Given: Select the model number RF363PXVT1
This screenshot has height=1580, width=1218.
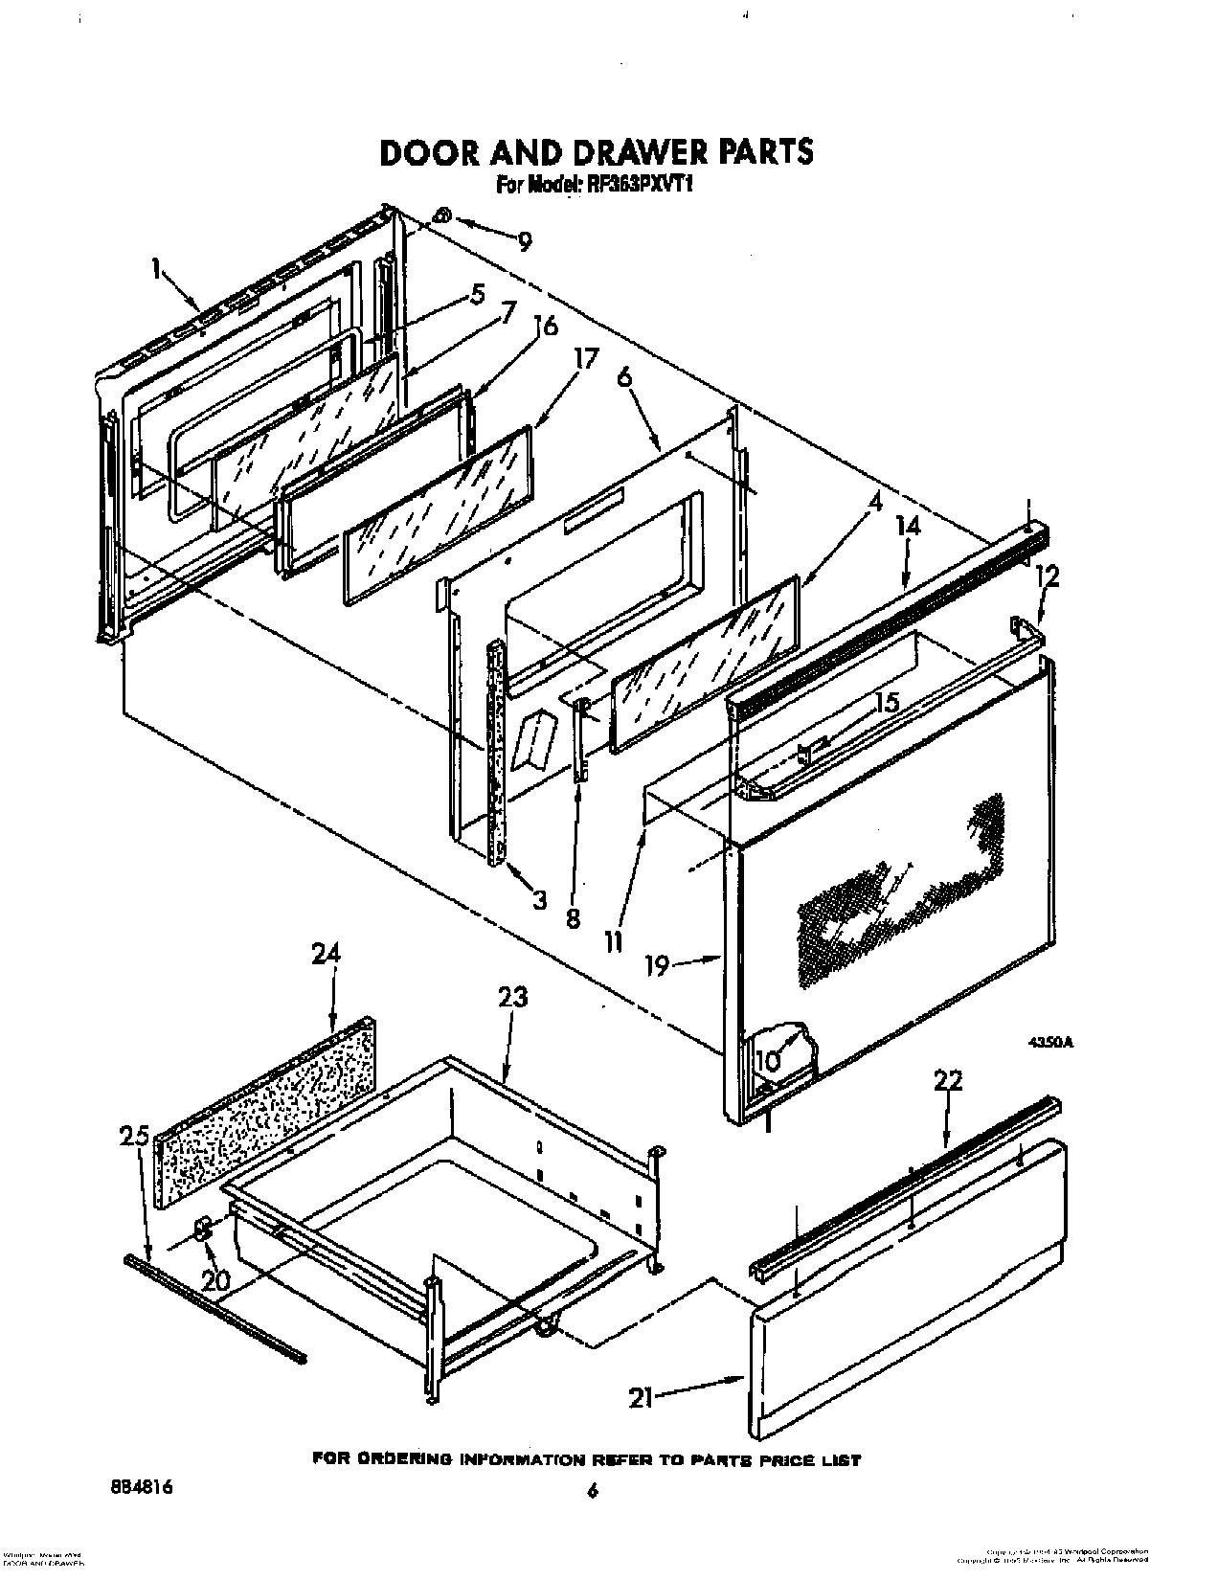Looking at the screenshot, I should click(x=637, y=186).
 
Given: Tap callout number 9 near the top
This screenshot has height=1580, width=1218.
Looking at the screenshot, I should click(x=525, y=240).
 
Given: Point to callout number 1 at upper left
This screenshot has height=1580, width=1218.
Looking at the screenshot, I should click(x=155, y=270).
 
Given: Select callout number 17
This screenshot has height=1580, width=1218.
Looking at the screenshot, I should click(x=585, y=359).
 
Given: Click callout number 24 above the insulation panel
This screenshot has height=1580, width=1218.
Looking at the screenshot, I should click(x=326, y=954).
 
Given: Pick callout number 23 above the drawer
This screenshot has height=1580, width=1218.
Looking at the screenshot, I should click(x=512, y=997).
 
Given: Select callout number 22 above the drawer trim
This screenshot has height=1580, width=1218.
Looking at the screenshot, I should click(x=948, y=1080).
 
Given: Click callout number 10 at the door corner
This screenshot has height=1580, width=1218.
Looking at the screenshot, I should click(x=767, y=1061).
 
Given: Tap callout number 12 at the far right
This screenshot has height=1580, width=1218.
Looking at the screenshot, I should click(x=1049, y=576).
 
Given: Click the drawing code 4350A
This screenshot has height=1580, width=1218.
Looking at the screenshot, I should click(x=1050, y=1043).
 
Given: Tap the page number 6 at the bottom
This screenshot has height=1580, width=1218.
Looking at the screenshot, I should click(x=594, y=1491).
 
